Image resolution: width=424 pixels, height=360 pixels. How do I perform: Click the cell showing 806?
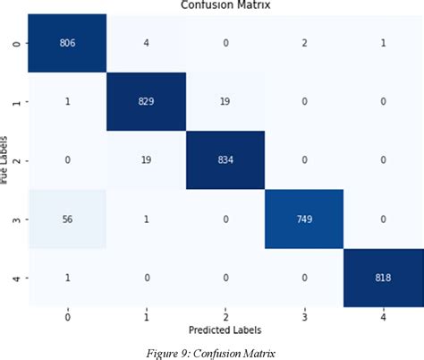click(x=66, y=43)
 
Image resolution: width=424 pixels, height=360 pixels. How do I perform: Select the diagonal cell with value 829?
click(x=146, y=101)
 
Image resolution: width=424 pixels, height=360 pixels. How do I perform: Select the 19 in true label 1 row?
click(x=225, y=101)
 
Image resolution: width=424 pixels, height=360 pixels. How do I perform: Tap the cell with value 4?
click(x=146, y=43)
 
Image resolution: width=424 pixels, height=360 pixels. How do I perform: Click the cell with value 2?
click(x=305, y=43)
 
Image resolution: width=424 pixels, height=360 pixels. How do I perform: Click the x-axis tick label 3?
click(x=305, y=317)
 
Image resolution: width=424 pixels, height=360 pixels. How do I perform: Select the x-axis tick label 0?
click(x=66, y=317)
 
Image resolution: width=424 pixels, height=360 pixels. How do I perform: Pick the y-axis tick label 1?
click(x=15, y=101)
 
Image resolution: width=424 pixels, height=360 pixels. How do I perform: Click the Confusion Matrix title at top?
click(x=225, y=5)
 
